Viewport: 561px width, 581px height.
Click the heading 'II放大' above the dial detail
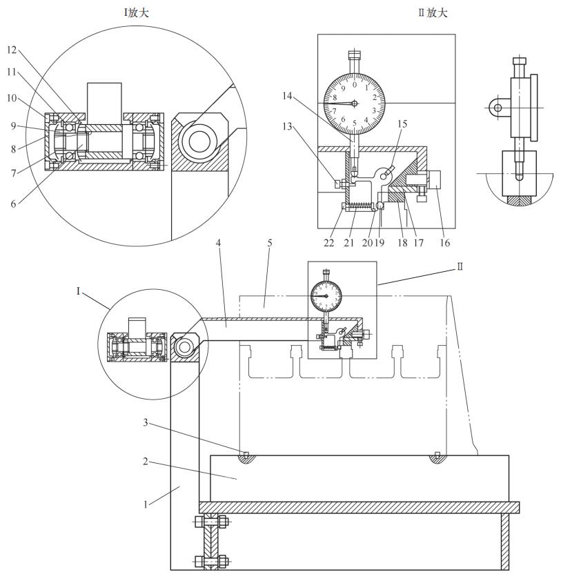coord(437,12)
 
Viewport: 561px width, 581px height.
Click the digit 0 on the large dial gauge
coord(355,85)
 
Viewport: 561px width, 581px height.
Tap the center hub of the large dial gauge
coord(355,104)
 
